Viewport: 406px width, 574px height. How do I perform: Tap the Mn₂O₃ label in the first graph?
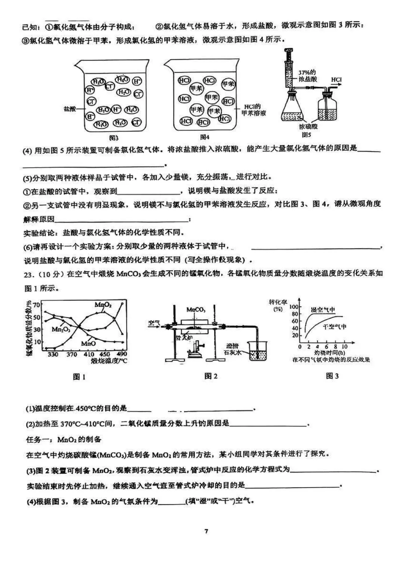[60, 329]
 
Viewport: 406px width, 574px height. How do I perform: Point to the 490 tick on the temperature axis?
[121, 354]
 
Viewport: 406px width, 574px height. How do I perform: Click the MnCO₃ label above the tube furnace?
[195, 310]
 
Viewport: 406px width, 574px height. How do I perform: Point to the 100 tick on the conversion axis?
[293, 307]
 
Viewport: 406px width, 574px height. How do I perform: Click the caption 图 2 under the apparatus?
[211, 376]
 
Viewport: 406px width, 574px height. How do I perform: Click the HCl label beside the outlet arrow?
[336, 80]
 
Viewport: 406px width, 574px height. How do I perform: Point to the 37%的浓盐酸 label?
[308, 76]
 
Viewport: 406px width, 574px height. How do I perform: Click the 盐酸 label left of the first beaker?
[70, 109]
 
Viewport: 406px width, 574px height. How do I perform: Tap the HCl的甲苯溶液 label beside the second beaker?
[253, 110]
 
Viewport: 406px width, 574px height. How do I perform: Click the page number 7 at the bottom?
[206, 531]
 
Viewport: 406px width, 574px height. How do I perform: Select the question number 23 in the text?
[28, 274]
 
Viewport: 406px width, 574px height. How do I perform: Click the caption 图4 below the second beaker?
[205, 137]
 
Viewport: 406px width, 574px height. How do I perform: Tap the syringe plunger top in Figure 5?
[288, 50]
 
